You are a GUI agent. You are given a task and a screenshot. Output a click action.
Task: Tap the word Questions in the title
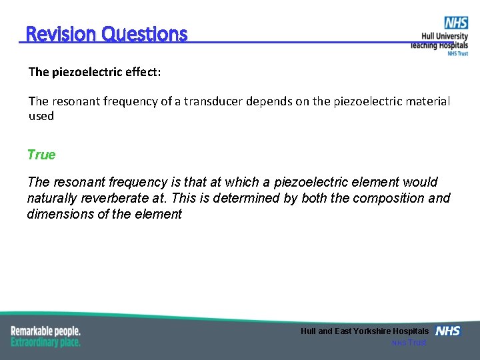click(144, 34)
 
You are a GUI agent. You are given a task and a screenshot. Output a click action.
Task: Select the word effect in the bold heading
click(142, 71)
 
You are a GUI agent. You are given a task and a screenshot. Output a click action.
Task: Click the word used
click(41, 116)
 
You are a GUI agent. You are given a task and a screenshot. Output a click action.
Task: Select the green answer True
click(41, 155)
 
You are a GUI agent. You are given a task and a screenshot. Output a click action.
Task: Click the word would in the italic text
click(420, 182)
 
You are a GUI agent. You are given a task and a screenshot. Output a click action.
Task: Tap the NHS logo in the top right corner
click(456, 23)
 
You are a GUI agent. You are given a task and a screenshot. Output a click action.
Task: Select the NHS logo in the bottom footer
click(447, 331)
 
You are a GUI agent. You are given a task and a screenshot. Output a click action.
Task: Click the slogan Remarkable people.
click(45, 331)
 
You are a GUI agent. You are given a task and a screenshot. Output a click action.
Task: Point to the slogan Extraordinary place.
click(45, 342)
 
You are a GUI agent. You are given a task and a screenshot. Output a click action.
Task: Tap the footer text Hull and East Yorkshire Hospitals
click(365, 331)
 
